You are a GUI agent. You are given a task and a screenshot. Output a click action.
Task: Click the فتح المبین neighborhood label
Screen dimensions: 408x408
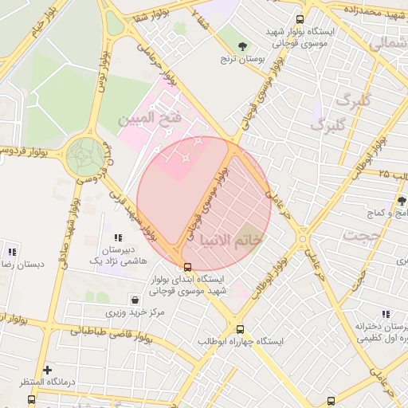tap(150, 119)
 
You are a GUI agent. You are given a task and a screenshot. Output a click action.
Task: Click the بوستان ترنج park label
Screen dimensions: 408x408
tap(242, 60)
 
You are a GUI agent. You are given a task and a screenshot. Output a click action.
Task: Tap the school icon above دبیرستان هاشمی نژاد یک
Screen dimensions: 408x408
tap(118, 237)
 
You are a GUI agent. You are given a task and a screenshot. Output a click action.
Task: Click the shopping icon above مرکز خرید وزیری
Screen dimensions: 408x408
tap(135, 300)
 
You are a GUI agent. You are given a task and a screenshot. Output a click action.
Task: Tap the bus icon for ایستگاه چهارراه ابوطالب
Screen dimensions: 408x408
tap(240, 328)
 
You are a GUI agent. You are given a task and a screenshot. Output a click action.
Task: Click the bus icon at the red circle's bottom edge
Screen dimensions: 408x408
tap(187, 267)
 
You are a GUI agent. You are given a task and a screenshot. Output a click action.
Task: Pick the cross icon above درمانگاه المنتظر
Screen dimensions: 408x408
tap(48, 370)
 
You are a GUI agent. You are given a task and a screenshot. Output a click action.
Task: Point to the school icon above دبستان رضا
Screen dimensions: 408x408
tap(11, 250)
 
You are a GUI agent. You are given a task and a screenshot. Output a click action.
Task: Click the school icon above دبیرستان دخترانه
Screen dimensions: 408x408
tap(386, 316)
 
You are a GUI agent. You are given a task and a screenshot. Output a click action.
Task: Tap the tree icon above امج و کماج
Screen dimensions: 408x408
tap(402, 201)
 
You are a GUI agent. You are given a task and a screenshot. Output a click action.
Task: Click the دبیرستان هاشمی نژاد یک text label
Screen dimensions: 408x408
tap(118, 255)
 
